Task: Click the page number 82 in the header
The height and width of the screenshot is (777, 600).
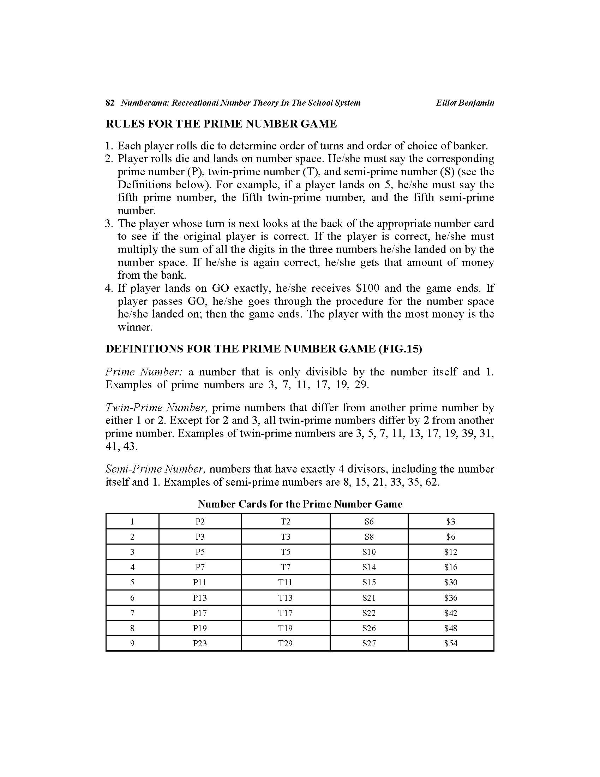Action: [110, 103]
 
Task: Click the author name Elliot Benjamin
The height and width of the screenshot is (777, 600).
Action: [465, 103]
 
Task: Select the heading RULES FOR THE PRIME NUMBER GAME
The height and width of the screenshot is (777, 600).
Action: [221, 124]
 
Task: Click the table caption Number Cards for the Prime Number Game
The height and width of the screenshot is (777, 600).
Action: [300, 504]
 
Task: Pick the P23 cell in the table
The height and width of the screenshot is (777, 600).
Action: [200, 643]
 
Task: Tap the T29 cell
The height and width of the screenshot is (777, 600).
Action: [286, 643]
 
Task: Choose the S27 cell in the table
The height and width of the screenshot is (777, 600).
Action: [369, 643]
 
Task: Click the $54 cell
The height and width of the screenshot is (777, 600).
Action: [451, 643]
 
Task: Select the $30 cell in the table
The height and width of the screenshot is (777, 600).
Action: [451, 582]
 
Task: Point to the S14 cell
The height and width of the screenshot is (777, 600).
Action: [369, 567]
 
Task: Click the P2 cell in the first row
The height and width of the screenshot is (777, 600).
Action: [200, 522]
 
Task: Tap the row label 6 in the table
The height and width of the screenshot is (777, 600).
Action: [132, 598]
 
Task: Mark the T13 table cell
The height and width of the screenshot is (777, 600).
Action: [286, 598]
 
